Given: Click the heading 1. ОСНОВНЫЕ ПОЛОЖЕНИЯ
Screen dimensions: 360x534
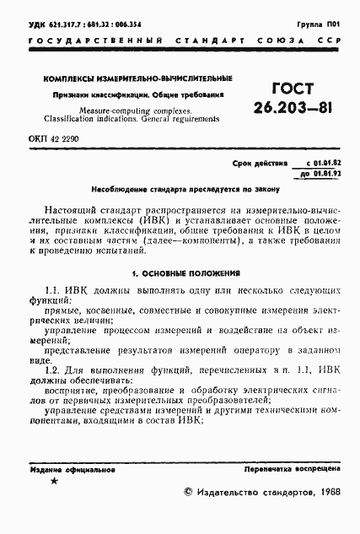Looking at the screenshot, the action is point(182,273).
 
